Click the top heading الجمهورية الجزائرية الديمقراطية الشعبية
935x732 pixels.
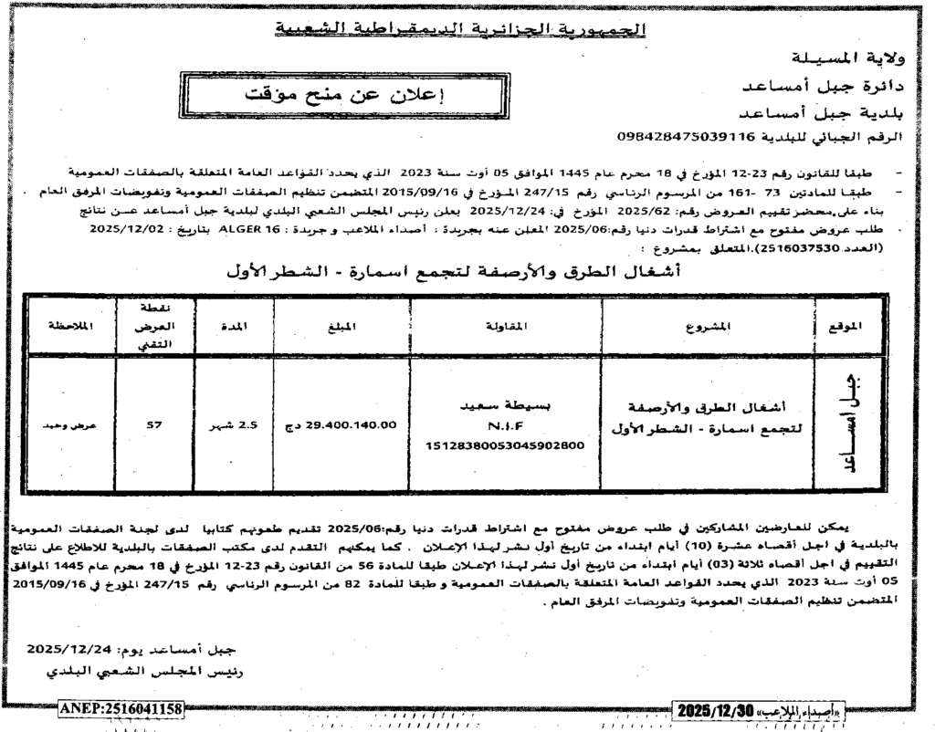point(460,30)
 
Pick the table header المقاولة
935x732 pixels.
point(505,326)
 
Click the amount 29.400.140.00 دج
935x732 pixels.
point(341,425)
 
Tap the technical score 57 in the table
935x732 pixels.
point(153,425)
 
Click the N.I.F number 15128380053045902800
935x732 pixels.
point(505,444)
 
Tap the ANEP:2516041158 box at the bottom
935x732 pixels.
point(121,708)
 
